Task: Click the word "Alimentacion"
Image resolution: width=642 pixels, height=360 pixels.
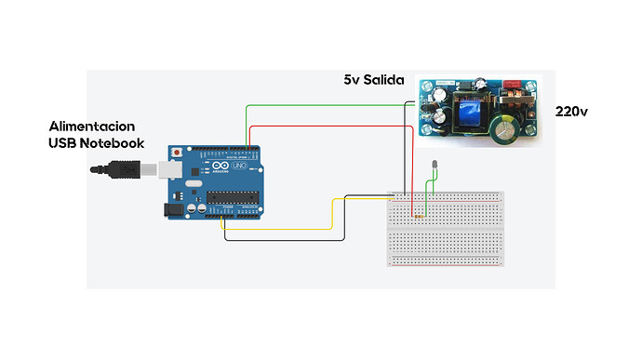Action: coord(92,126)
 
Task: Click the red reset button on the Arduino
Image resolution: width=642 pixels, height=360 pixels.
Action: coord(177,151)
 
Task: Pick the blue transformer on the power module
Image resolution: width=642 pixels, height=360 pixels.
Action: coord(468,113)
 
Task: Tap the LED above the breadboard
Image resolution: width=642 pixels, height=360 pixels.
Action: coord(434,167)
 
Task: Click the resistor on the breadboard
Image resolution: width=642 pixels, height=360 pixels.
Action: coord(417,217)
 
